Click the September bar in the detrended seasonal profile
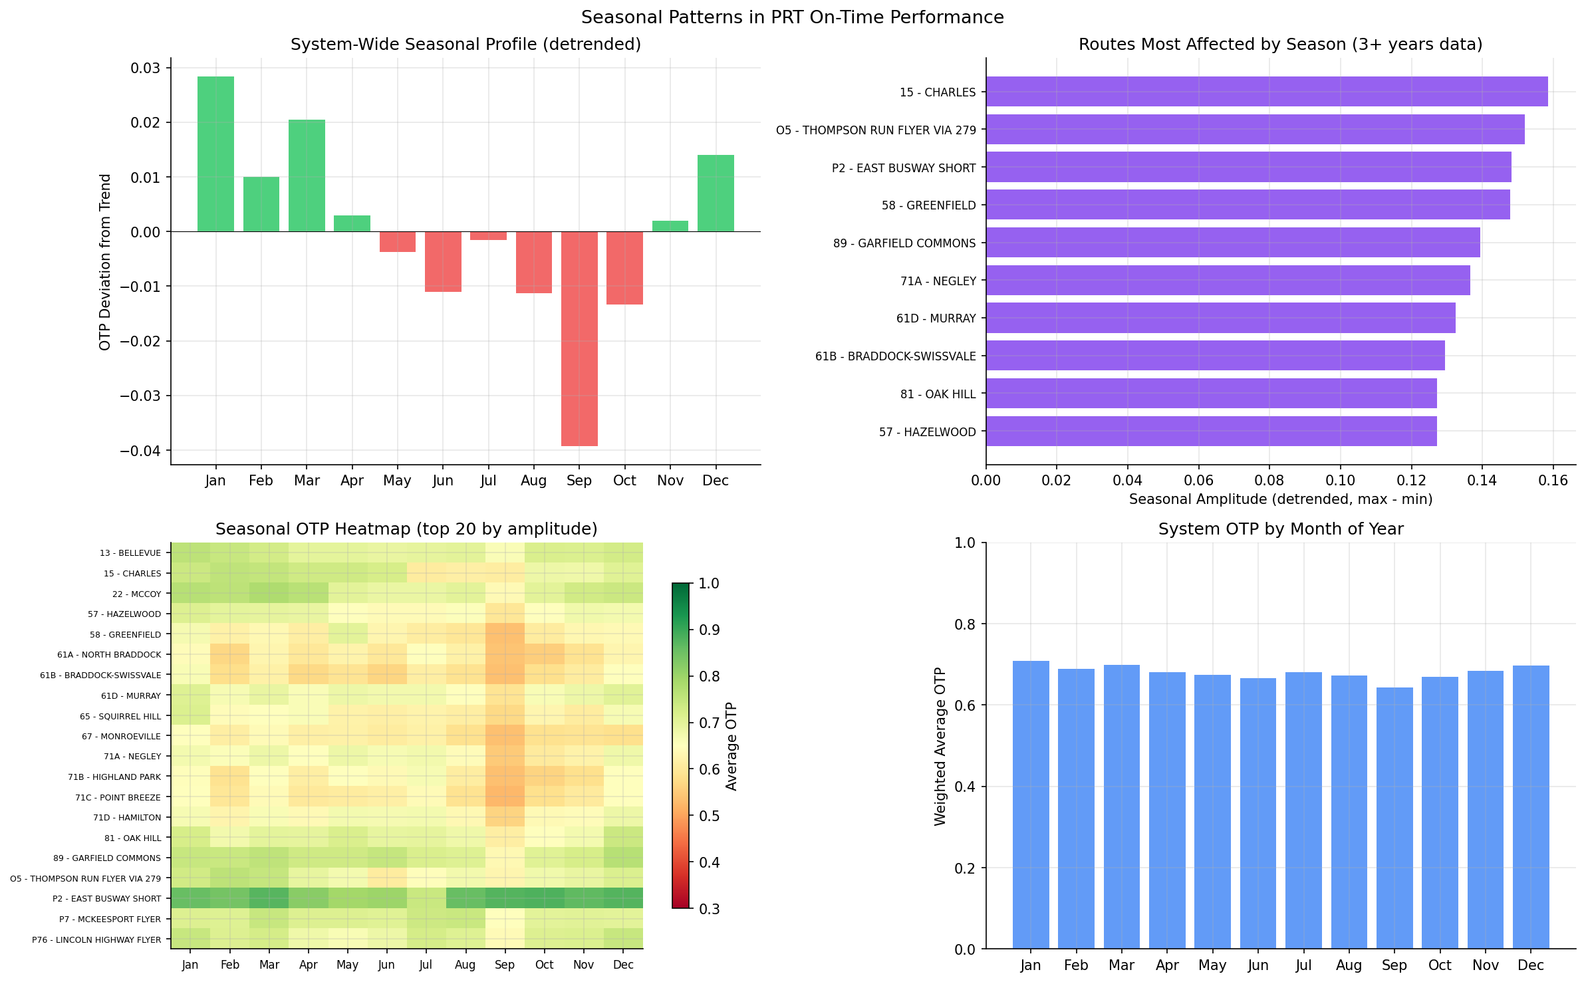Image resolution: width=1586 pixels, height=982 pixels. pyautogui.click(x=579, y=338)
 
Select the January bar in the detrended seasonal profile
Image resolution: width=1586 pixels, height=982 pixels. pyautogui.click(x=215, y=154)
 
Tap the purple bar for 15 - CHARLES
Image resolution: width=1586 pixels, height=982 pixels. pyautogui.click(x=1267, y=92)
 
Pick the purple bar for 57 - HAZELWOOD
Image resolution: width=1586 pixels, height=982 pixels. pyautogui.click(x=1211, y=431)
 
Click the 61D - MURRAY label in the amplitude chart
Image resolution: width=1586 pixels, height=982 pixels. pyautogui.click(x=936, y=318)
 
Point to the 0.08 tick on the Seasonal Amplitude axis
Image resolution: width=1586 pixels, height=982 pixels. pyautogui.click(x=1269, y=480)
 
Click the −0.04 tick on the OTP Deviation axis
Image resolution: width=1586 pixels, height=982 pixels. pyautogui.click(x=140, y=451)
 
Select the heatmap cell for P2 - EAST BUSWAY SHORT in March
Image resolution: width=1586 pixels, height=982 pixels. pyautogui.click(x=269, y=898)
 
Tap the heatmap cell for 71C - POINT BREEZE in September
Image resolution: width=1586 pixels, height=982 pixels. pyautogui.click(x=505, y=797)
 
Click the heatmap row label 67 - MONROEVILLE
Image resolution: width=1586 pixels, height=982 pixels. pyautogui.click(x=121, y=736)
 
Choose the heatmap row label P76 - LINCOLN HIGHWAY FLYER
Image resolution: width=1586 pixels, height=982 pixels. pyautogui.click(x=96, y=939)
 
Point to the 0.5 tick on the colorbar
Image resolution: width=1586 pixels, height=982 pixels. pyautogui.click(x=709, y=816)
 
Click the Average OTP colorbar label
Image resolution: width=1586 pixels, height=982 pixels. pyautogui.click(x=731, y=746)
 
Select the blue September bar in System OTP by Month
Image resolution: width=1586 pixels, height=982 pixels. pyautogui.click(x=1394, y=818)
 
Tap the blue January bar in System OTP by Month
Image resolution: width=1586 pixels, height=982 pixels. pyautogui.click(x=1031, y=804)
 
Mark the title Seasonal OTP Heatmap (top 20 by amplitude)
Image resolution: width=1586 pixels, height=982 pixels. pyautogui.click(x=406, y=529)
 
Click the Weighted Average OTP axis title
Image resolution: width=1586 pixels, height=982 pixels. pyautogui.click(x=940, y=746)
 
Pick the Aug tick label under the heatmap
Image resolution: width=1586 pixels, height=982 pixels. pyautogui.click(x=465, y=965)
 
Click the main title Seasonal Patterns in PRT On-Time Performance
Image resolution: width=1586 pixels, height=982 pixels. pyautogui.click(x=792, y=17)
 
